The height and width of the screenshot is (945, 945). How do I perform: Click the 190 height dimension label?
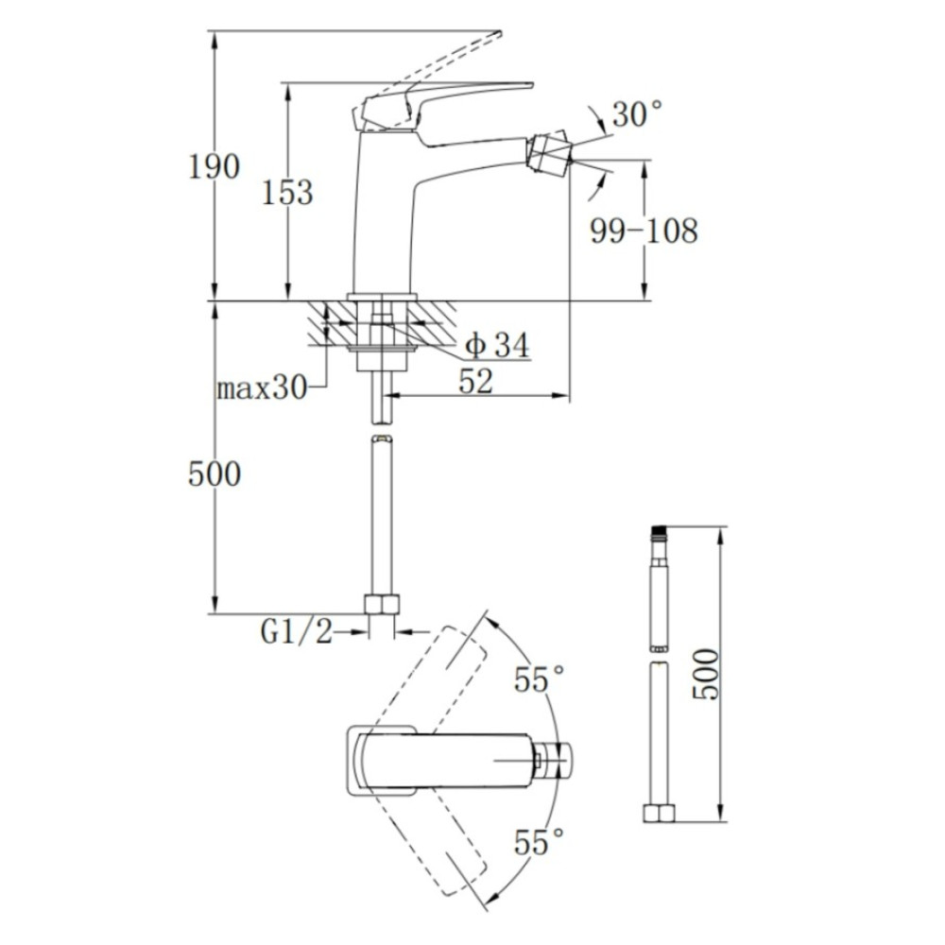tap(214, 166)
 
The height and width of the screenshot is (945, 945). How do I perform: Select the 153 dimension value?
tap(287, 193)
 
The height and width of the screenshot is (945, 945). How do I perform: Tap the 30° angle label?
tap(637, 113)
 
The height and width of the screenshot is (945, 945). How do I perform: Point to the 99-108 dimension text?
tap(644, 231)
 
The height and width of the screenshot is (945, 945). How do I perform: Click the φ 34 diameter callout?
tap(497, 345)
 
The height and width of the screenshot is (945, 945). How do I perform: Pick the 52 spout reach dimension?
tap(475, 381)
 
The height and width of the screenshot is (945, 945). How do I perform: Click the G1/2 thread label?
tap(296, 631)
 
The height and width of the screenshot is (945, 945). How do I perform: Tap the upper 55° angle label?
tap(540, 679)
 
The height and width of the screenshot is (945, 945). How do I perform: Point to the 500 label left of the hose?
tap(215, 473)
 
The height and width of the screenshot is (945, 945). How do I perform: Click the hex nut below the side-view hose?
tap(382, 604)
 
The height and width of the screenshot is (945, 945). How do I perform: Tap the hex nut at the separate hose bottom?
tap(660, 813)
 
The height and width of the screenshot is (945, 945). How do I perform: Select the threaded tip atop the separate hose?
tap(659, 531)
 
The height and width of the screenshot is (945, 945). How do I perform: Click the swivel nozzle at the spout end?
tap(550, 151)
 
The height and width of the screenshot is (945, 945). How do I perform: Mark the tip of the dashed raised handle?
tap(499, 32)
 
